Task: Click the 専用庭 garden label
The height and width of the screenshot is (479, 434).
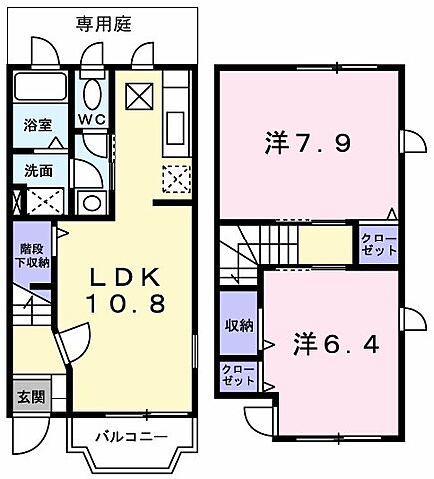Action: coord(102,21)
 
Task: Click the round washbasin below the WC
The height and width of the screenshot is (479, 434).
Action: coord(92,203)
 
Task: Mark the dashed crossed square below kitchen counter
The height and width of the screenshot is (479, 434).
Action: coord(175,181)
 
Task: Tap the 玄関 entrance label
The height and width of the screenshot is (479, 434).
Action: coord(29,396)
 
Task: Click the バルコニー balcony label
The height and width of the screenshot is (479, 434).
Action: coord(130,435)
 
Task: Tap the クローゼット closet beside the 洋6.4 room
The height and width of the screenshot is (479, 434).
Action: coord(238,376)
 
